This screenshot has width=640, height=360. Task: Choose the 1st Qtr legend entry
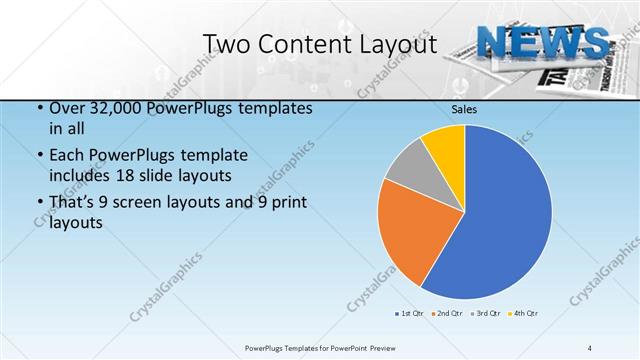pyautogui.click(x=410, y=313)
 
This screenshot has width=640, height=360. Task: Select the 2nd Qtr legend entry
pyautogui.click(x=446, y=313)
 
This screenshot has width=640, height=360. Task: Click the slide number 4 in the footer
pyautogui.click(x=590, y=347)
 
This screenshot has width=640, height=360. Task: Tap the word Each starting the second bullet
pyautogui.click(x=67, y=155)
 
